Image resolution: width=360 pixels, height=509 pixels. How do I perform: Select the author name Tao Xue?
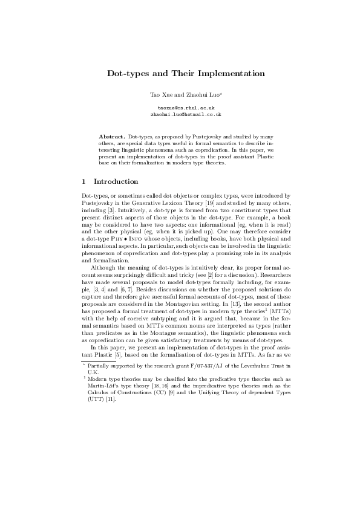coord(159,96)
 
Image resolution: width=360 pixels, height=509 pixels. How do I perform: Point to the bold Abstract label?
coord(112,138)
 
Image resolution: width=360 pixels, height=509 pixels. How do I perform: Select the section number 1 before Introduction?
coord(83,181)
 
